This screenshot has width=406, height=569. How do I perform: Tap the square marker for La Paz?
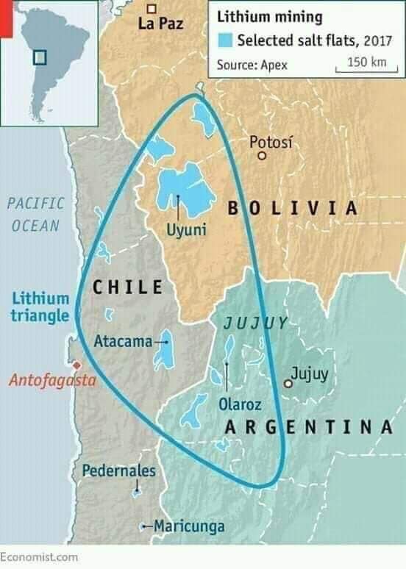tap(152, 8)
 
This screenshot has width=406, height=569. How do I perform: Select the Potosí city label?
tap(271, 141)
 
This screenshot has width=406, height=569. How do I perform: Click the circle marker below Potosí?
tap(262, 155)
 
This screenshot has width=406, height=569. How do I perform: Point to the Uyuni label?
tap(187, 231)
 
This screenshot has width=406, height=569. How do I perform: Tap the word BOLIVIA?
tap(292, 208)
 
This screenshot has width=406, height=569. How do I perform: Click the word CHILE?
tap(127, 287)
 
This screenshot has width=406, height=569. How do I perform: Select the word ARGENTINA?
tap(307, 426)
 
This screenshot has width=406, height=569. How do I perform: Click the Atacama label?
tap(123, 341)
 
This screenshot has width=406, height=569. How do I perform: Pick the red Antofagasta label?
tap(52, 381)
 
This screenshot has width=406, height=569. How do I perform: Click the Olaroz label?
tap(238, 403)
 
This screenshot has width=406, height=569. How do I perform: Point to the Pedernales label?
tap(118, 470)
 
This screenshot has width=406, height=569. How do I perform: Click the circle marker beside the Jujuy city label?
tap(288, 383)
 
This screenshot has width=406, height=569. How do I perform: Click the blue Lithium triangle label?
tap(40, 307)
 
